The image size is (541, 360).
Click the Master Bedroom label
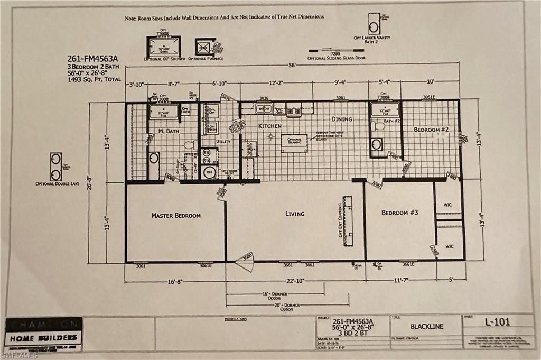(x=176, y=216)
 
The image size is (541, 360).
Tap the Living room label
(x=295, y=214)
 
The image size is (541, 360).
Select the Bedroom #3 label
(x=400, y=213)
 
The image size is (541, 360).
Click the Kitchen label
(x=269, y=127)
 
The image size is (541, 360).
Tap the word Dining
(x=342, y=119)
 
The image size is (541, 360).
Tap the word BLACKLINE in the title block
(x=426, y=326)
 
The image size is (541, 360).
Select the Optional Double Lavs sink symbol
(x=55, y=167)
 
